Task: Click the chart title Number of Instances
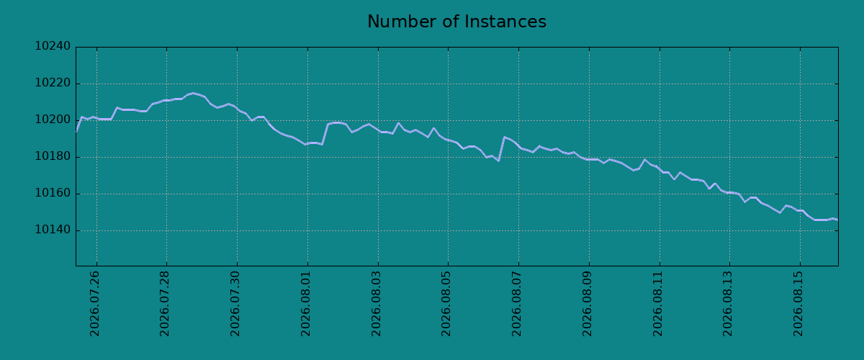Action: click(x=456, y=22)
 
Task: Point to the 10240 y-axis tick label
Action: click(x=53, y=46)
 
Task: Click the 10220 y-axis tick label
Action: click(x=53, y=83)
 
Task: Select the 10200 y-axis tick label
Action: click(x=53, y=120)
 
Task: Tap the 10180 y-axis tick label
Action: click(x=53, y=156)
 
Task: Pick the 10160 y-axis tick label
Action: click(x=53, y=193)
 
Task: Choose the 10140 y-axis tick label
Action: click(x=53, y=230)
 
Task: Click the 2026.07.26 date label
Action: click(x=94, y=304)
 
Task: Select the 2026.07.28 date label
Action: click(x=165, y=304)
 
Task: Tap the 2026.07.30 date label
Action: click(x=235, y=304)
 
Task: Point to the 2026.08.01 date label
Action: click(x=305, y=304)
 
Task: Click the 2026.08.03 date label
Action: click(x=376, y=304)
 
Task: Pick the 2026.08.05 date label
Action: click(x=446, y=304)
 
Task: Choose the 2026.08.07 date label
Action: click(x=516, y=304)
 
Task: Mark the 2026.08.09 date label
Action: click(x=587, y=304)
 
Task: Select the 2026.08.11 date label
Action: click(x=657, y=304)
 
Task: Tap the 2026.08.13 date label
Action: click(x=727, y=304)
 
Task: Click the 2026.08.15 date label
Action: click(x=798, y=304)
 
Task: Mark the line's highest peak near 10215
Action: click(x=193, y=93)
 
